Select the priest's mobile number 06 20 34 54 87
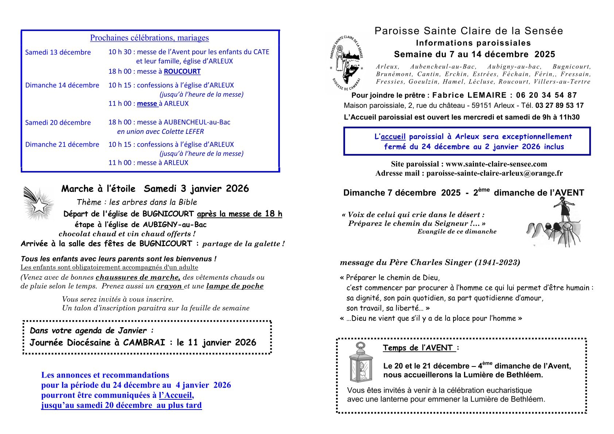coord(547,96)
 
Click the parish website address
coord(496,164)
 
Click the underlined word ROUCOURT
coord(182,71)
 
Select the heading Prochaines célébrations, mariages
coord(150,38)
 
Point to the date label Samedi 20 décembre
coord(58,123)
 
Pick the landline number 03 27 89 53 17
coord(559,106)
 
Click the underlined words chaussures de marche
coord(138,278)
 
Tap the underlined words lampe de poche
coord(235,286)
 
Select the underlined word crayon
coord(169,286)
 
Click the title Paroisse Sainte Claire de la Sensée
coord(469,31)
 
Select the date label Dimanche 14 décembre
coord(62,85)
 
